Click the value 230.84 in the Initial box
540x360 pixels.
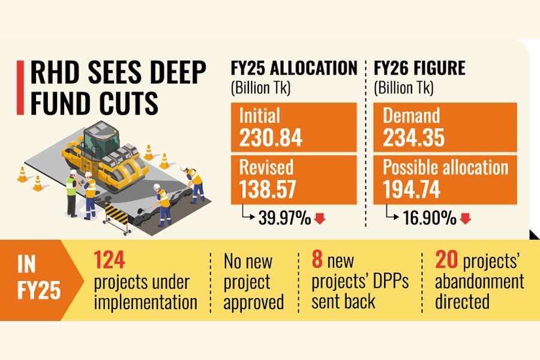coord(271,139)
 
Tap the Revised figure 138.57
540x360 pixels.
coord(268,190)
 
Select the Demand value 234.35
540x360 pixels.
coord(414,139)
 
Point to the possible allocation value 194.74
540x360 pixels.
coord(413,190)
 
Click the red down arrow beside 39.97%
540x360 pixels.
coord(320,219)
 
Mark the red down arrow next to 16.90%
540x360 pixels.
coord(465,219)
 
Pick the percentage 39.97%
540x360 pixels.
coord(284,219)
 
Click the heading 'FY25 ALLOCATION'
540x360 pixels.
coord(294,68)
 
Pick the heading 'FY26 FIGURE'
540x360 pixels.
coord(420,68)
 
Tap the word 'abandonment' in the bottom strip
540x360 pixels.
coord(479,281)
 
